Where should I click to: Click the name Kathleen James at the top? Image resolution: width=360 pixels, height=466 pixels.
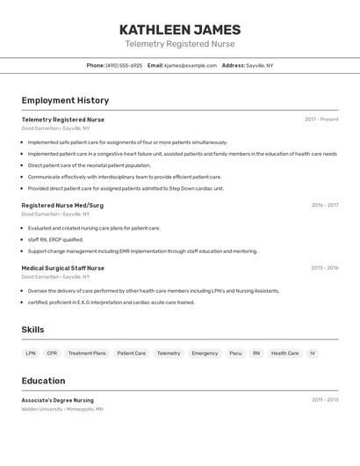179,29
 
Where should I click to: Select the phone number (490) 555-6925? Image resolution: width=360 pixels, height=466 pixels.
124,66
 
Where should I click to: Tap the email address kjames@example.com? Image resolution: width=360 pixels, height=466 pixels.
190,66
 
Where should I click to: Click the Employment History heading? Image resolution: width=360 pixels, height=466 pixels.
65,101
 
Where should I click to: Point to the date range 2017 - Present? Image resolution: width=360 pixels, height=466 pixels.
321,120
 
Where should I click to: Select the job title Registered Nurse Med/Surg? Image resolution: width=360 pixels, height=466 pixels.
62,206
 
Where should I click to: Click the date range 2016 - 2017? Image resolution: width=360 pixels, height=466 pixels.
324,206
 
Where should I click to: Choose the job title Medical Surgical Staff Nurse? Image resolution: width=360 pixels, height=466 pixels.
63,268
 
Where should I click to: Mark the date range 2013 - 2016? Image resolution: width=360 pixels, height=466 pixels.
324,268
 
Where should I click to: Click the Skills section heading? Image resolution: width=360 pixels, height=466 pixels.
33,330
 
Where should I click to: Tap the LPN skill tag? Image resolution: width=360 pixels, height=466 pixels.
31,353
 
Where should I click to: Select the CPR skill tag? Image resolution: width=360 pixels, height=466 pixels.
52,353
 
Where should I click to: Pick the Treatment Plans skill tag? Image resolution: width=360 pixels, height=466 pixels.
87,353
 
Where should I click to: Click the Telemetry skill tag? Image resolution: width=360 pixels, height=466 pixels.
169,353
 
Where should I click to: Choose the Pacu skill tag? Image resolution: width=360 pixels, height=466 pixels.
235,353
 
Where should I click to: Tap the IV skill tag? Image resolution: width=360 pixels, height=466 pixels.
313,353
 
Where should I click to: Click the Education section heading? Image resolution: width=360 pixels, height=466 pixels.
43,381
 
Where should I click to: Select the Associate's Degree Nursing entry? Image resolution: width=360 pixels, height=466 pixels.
57,400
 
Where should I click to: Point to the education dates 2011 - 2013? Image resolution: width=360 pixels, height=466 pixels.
324,400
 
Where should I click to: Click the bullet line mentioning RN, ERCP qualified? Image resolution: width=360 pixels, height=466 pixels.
55,239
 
